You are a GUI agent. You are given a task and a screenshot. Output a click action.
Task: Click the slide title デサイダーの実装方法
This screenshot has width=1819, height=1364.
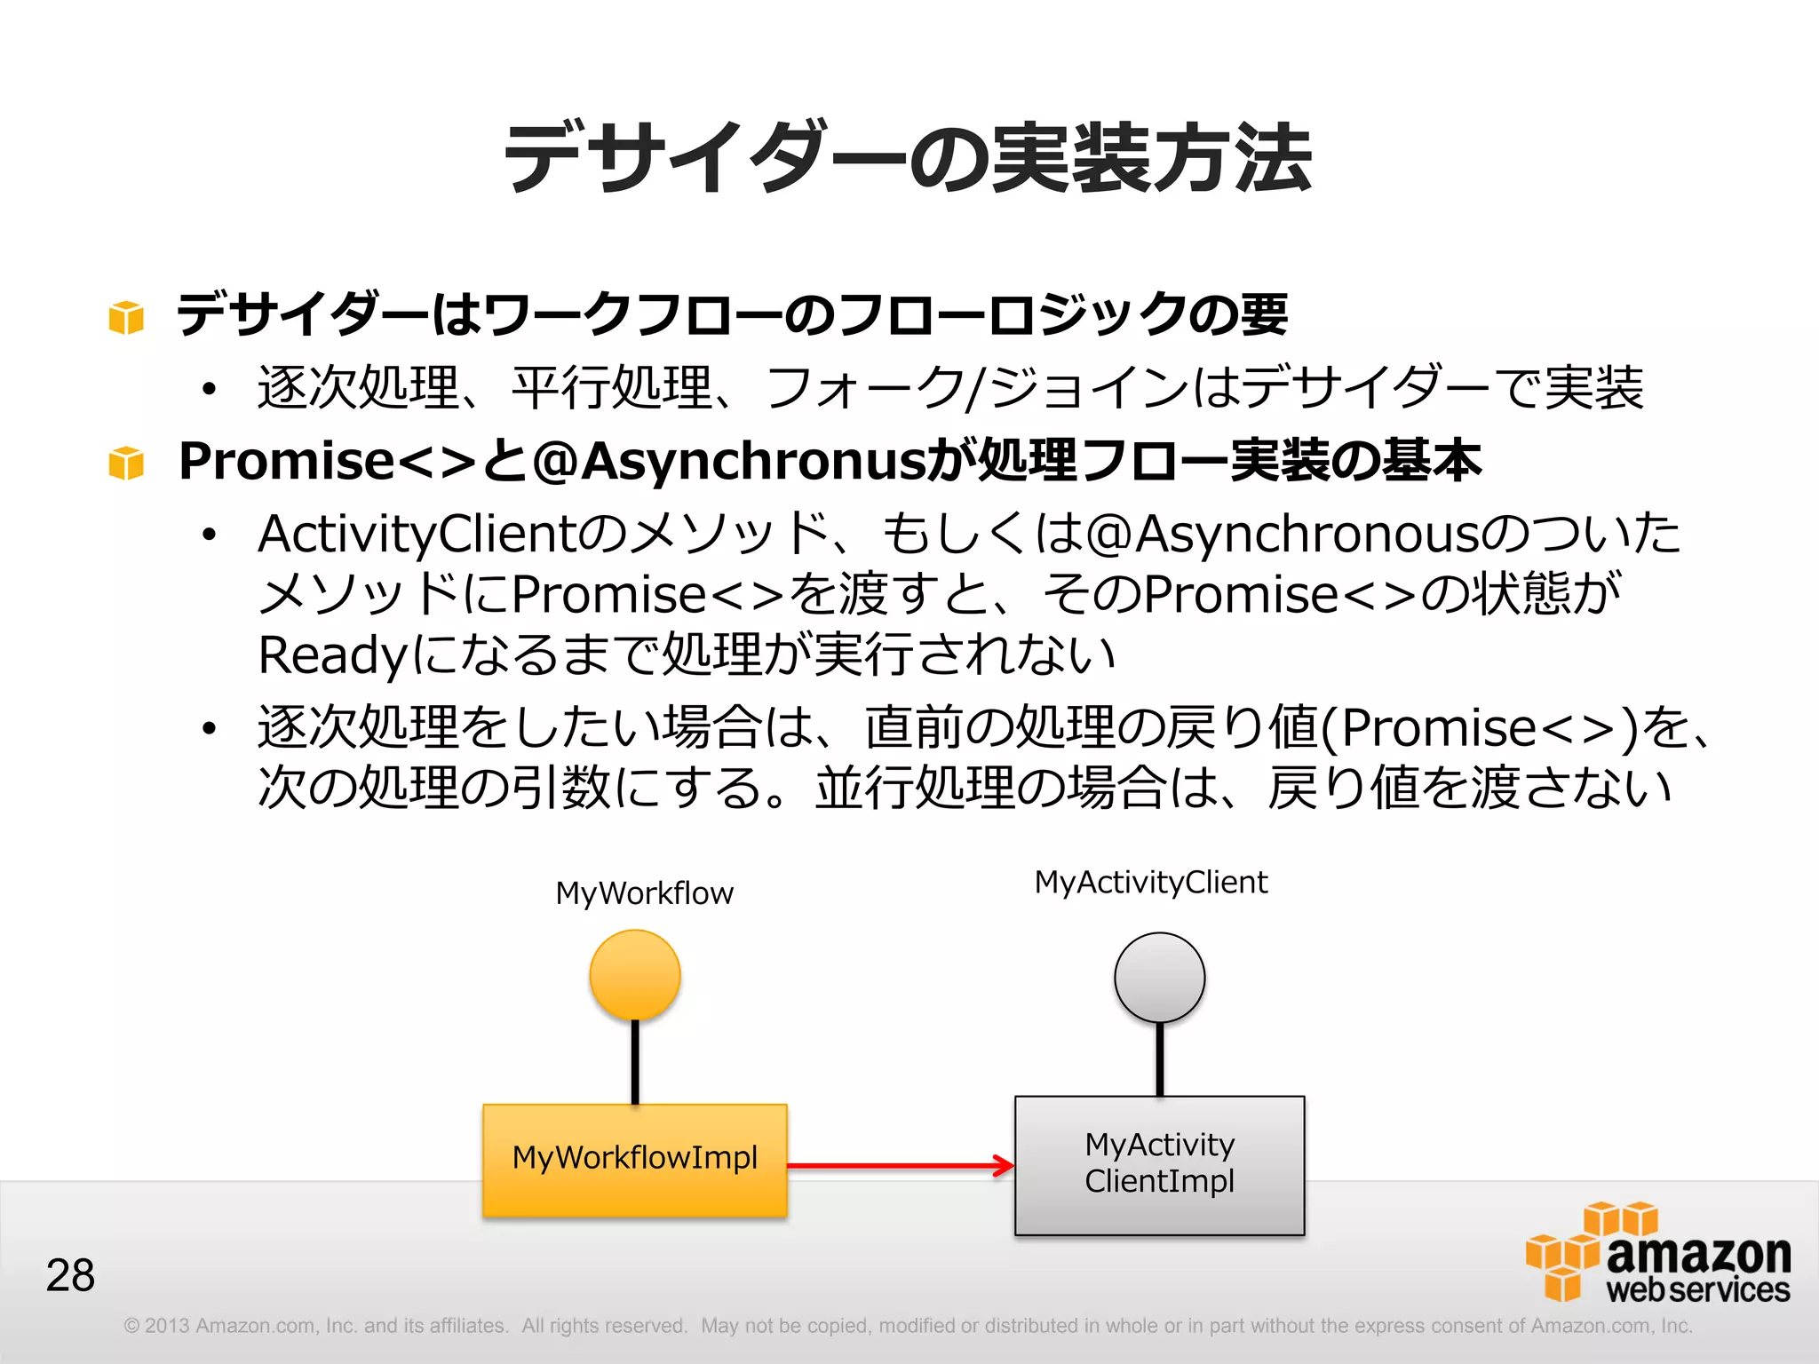[x=908, y=158]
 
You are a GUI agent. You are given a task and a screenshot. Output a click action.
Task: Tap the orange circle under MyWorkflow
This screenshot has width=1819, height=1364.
[x=635, y=974]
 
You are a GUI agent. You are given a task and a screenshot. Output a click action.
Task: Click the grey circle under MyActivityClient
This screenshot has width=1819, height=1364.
[x=1159, y=977]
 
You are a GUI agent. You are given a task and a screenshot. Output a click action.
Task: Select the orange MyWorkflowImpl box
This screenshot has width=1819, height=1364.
[x=635, y=1159]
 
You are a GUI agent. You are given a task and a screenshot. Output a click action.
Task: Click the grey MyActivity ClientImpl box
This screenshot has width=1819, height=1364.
[x=1159, y=1164]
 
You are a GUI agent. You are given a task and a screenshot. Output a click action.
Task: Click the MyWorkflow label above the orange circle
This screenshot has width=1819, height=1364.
[x=644, y=892]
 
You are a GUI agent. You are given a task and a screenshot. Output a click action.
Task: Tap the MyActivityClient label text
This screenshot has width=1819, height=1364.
[x=1151, y=882]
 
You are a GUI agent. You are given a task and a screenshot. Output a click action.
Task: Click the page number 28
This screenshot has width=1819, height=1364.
[x=70, y=1274]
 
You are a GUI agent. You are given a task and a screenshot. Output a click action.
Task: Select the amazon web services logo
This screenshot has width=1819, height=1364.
[x=1657, y=1253]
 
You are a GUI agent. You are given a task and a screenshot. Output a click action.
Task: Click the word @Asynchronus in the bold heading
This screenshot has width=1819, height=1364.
[x=727, y=461]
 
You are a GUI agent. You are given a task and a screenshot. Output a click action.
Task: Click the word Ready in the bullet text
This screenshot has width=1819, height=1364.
[x=332, y=655]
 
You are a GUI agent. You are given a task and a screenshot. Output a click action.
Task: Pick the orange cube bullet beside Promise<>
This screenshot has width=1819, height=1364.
[x=126, y=463]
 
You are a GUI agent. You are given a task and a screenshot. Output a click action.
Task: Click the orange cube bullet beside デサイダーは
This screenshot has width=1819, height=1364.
[x=126, y=317]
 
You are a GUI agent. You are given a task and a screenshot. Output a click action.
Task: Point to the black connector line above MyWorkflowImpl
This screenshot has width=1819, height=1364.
[x=635, y=1061]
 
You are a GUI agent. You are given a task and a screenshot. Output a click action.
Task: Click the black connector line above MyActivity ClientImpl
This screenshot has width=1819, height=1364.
[x=1159, y=1059]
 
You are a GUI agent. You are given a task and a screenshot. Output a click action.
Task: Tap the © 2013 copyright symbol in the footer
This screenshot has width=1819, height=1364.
[x=132, y=1326]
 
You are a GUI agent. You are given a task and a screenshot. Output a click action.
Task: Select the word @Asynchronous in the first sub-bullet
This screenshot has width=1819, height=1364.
[x=1283, y=535]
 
